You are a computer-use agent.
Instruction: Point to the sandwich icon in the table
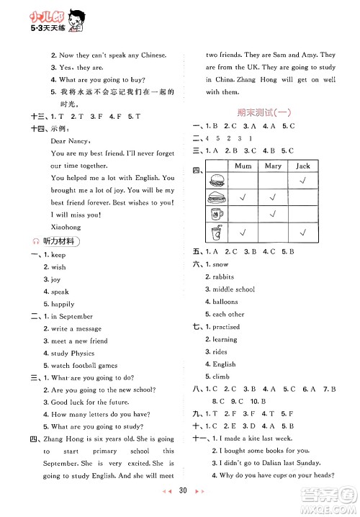coord(216,197)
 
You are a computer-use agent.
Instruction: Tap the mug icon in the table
coord(216,214)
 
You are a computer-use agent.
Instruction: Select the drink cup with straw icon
coord(216,232)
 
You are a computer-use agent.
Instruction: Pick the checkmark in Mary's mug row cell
coord(273,214)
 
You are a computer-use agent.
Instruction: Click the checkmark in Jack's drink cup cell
coord(302,232)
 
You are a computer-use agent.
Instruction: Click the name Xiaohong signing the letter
coord(66,226)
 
